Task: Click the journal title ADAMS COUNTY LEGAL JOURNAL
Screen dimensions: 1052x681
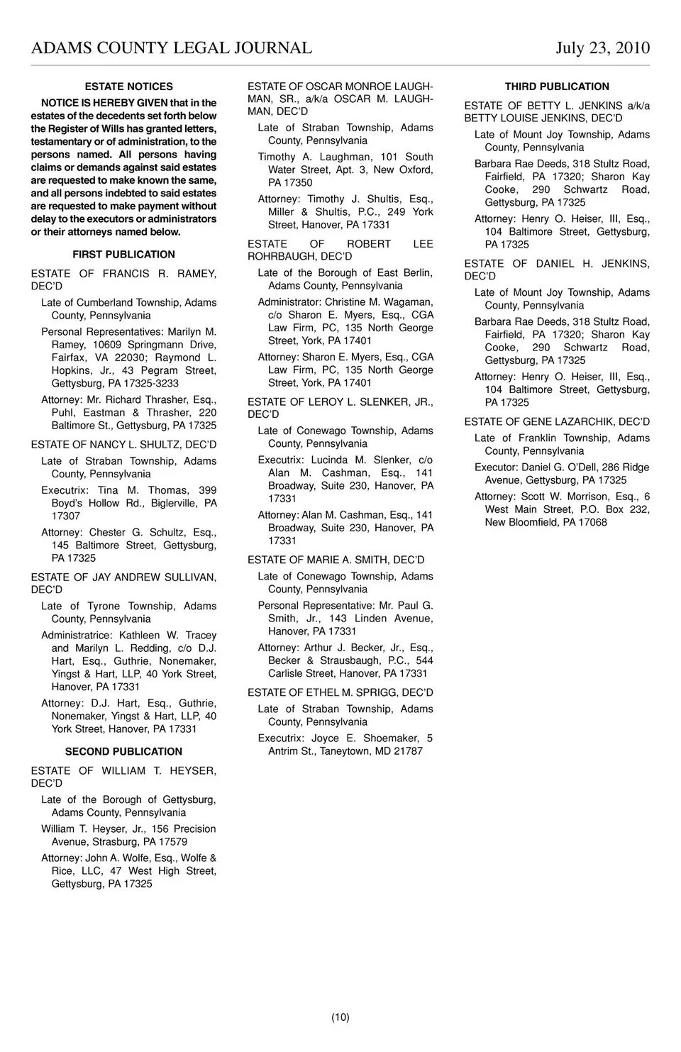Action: [x=172, y=48]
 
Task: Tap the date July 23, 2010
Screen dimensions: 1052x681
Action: [x=602, y=48]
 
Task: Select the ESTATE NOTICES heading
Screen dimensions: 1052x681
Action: [x=128, y=87]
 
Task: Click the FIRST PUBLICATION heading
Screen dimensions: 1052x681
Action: [x=123, y=255]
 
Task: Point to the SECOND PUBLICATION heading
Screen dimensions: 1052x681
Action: [x=123, y=752]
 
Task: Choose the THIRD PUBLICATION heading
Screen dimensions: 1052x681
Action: [x=557, y=87]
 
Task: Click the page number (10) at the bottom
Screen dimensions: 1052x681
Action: [x=340, y=1017]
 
